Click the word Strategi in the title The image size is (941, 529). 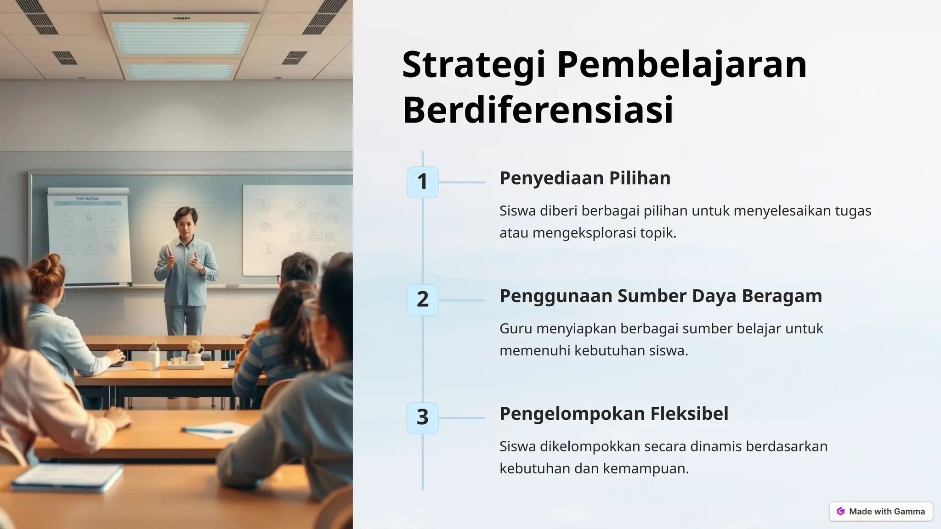(474, 65)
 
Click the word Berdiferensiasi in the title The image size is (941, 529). (538, 110)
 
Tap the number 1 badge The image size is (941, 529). (422, 182)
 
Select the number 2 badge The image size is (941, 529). (422, 300)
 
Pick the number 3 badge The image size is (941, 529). (422, 417)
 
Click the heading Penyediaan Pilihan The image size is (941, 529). (584, 178)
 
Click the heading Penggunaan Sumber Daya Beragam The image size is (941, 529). (660, 296)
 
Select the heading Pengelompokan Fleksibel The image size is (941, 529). (613, 414)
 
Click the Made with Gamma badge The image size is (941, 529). (881, 512)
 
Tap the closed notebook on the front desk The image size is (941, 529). (68, 477)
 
